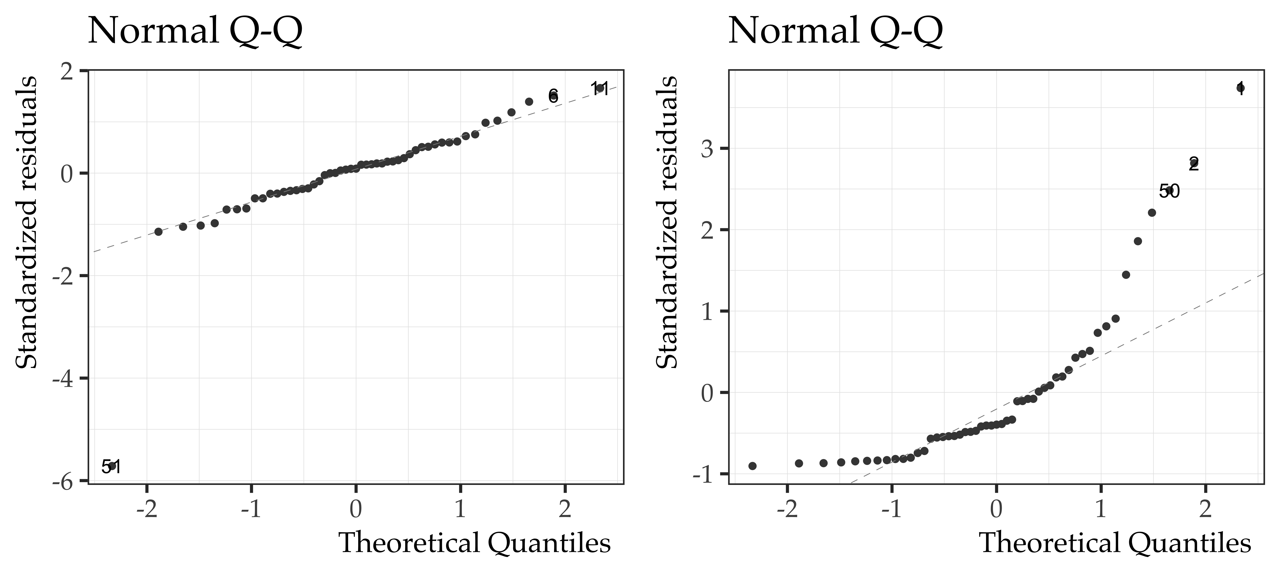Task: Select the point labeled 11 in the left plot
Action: click(600, 89)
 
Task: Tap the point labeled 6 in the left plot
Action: click(553, 95)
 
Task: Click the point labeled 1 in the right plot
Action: click(1240, 88)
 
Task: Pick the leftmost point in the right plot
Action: click(752, 466)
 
